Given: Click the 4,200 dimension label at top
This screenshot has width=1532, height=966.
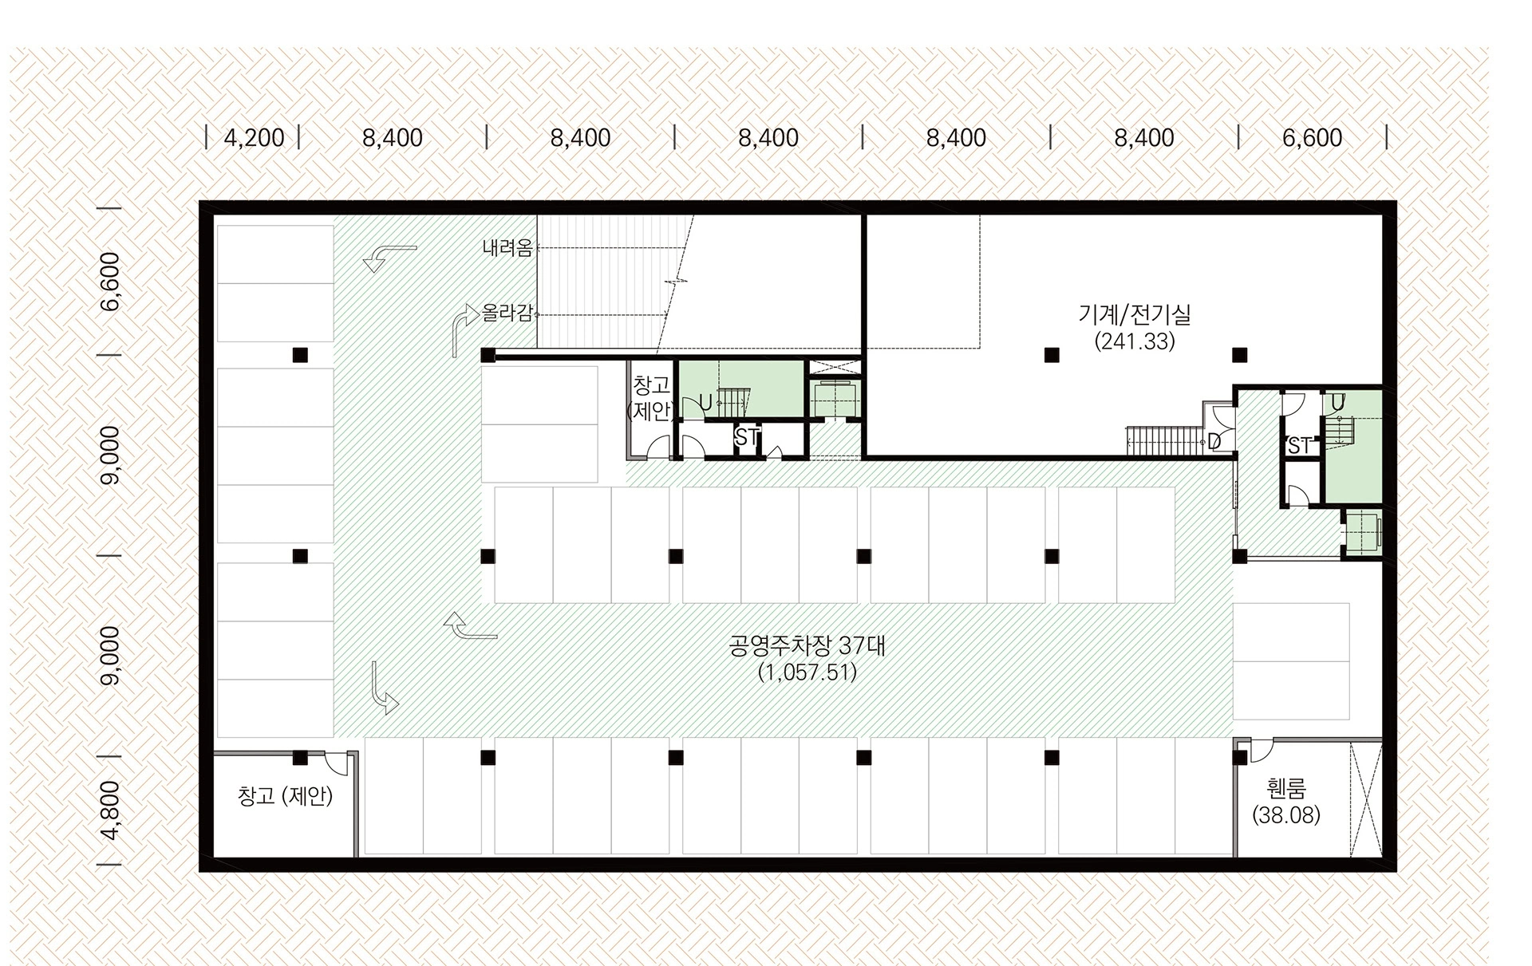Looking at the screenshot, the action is click(x=254, y=138).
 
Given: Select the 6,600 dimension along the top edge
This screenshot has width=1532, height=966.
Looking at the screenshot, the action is click(x=1312, y=138).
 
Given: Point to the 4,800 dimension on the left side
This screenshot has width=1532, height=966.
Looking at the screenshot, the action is click(x=111, y=810).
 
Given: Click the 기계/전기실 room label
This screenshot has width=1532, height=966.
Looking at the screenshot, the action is click(x=1134, y=314).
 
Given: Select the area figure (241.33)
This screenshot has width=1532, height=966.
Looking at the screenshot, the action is click(x=1135, y=341).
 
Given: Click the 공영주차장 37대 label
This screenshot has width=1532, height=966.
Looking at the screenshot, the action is click(x=807, y=645).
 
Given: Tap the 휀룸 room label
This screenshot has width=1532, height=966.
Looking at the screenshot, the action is click(x=1286, y=789).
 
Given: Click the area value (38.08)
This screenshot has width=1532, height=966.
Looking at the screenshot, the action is click(x=1286, y=815).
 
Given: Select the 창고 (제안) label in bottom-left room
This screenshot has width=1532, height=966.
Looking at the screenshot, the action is click(x=285, y=795).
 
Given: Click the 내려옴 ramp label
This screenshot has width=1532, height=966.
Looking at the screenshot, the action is click(x=507, y=248).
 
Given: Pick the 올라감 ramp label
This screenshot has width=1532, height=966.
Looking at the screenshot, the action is click(x=507, y=313).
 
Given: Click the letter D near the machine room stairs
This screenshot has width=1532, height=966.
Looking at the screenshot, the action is click(x=1214, y=440).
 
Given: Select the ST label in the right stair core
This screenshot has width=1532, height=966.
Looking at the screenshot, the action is click(x=1299, y=446).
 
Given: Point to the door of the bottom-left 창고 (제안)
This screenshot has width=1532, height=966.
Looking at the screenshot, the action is click(x=336, y=763).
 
